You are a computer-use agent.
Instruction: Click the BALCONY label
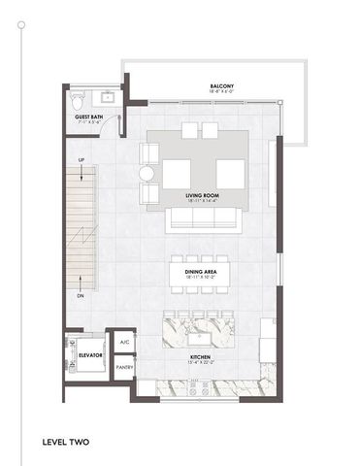click(220, 86)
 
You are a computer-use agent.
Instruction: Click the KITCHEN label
click(201, 358)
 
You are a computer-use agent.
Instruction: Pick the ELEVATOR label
click(90, 355)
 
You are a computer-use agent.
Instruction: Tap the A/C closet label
click(124, 343)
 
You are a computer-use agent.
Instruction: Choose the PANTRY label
click(124, 368)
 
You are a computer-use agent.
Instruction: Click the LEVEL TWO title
click(66, 443)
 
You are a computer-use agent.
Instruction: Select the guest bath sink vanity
click(106, 98)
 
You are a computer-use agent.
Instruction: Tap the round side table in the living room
click(147, 174)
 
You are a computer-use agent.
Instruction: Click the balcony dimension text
click(220, 92)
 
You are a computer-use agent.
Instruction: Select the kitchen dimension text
click(201, 364)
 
